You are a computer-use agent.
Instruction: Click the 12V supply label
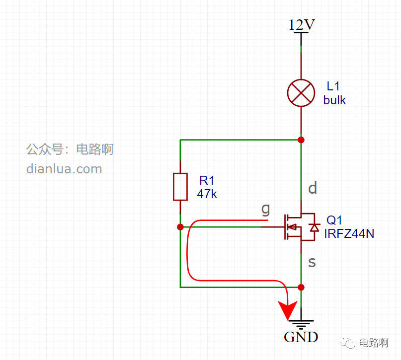(x=302, y=25)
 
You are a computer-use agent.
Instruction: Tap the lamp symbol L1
(x=301, y=93)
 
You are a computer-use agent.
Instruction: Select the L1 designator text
(x=333, y=86)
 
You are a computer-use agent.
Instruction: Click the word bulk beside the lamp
(x=334, y=100)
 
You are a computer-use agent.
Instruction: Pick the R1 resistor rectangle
(x=180, y=187)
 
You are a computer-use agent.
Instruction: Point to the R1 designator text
(x=207, y=181)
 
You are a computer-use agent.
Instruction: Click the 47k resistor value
(x=207, y=194)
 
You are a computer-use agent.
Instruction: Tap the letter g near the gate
(x=266, y=210)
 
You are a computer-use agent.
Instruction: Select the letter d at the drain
(x=313, y=188)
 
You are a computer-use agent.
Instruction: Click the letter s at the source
(x=312, y=262)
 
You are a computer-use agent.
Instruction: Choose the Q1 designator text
(x=334, y=220)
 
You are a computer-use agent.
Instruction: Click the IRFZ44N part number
(x=349, y=233)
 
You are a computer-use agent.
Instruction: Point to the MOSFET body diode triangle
(x=315, y=227)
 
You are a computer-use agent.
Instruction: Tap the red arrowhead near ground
(x=288, y=310)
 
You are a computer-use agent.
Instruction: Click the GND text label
(x=301, y=337)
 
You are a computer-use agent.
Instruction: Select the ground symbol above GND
(x=301, y=324)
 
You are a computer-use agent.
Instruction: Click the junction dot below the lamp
(x=301, y=140)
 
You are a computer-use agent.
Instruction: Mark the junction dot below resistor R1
(x=180, y=227)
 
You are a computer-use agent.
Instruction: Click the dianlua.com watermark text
(x=64, y=169)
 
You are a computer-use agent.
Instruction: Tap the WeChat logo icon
(x=347, y=342)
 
